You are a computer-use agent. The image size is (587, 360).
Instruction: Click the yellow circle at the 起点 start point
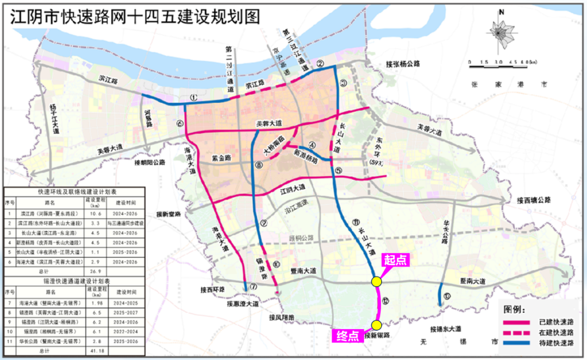[376, 281]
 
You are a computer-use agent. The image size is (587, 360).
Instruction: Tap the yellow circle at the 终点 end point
[376, 326]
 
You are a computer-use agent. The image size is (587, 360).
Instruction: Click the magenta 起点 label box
[396, 260]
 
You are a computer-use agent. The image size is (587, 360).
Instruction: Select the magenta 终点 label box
[346, 336]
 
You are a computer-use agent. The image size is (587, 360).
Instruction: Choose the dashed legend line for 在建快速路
[516, 332]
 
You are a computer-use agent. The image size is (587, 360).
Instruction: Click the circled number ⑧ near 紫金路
[259, 165]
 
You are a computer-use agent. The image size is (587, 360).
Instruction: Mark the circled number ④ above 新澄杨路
[312, 145]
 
